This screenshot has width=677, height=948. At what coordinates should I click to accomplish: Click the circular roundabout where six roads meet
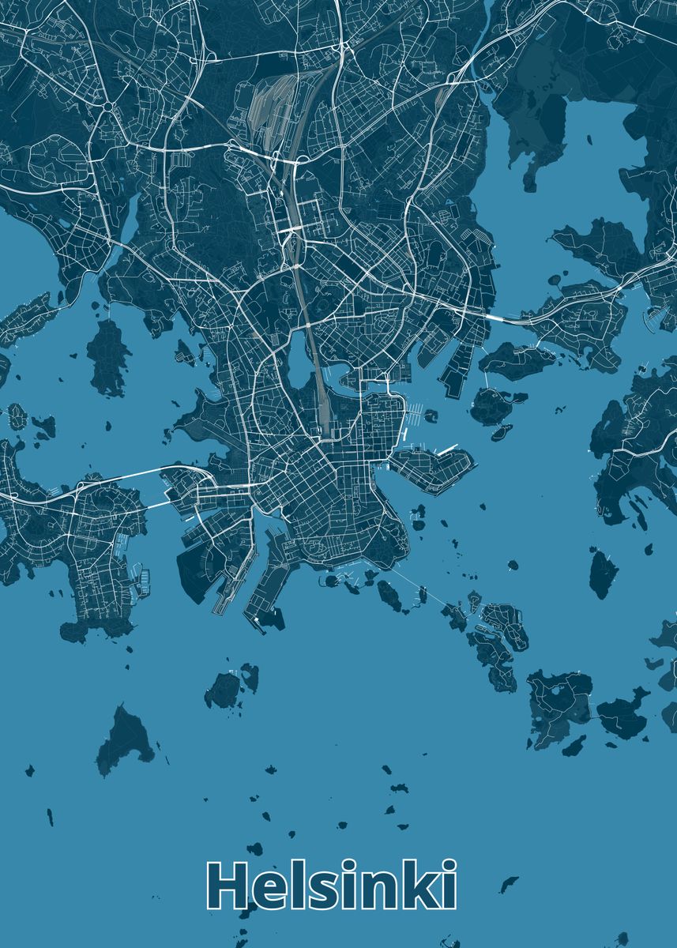tap(107, 106)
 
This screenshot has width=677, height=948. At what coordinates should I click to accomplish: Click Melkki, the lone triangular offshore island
tap(124, 739)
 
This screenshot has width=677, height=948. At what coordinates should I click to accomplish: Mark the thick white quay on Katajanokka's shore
tap(447, 450)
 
